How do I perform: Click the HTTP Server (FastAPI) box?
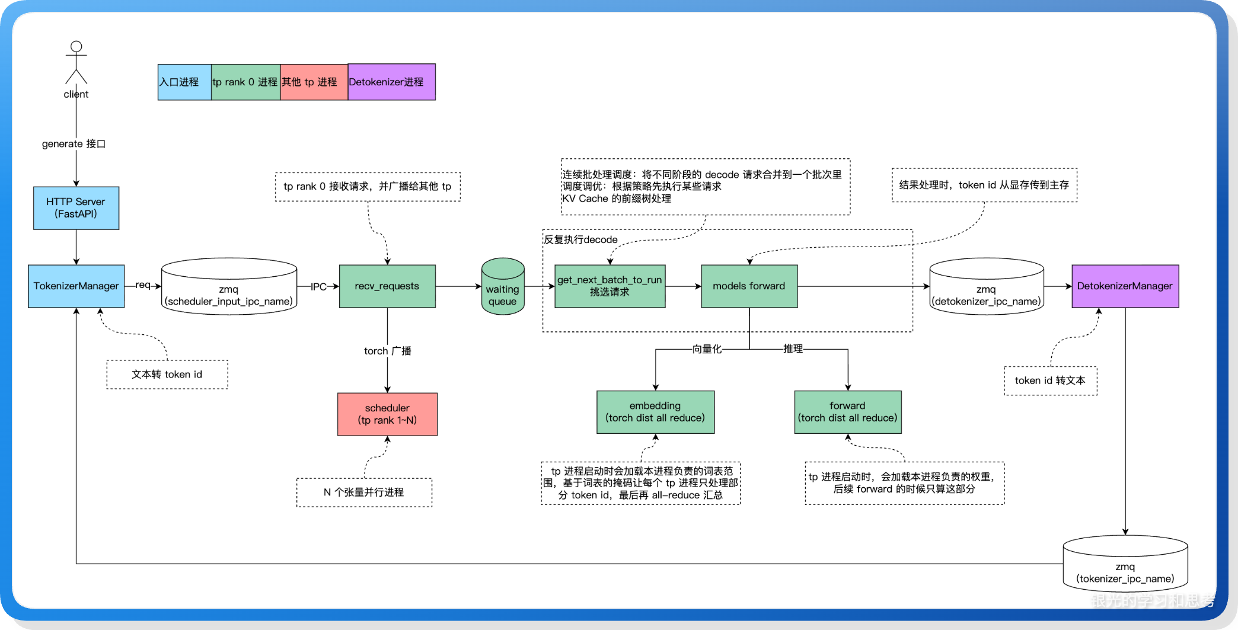click(x=76, y=208)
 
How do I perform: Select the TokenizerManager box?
click(x=76, y=286)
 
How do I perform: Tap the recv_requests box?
click(x=387, y=286)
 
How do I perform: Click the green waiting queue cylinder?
click(x=503, y=286)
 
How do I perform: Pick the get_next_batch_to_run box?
click(x=610, y=286)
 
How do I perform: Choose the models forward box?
click(x=749, y=286)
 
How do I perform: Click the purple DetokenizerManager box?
click(x=1125, y=286)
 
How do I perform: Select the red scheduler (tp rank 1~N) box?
click(x=387, y=414)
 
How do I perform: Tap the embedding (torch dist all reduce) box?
click(x=655, y=412)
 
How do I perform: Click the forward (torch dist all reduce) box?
click(x=848, y=412)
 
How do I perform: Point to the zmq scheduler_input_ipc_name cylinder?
click(x=229, y=286)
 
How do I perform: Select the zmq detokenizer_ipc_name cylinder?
click(x=986, y=286)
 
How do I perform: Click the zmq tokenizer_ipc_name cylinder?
click(x=1125, y=564)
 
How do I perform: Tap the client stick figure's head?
click(x=76, y=47)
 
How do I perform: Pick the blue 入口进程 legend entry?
click(x=184, y=82)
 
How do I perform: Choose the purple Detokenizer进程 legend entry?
click(x=391, y=82)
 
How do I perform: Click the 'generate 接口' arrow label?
click(x=74, y=144)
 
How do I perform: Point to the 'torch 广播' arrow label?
click(x=387, y=351)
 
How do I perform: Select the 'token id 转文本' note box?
click(x=1050, y=380)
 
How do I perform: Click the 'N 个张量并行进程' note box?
click(x=364, y=493)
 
